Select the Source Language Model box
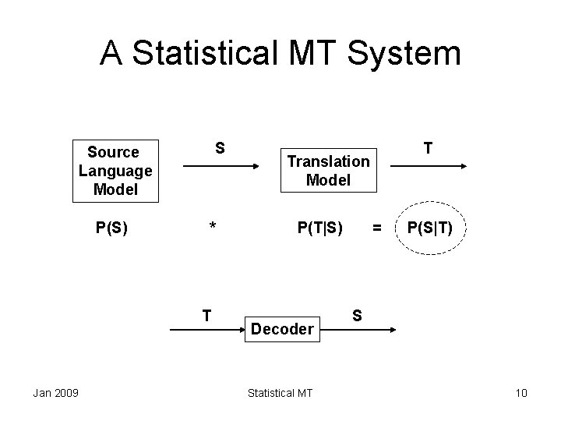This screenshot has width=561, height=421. coord(114,170)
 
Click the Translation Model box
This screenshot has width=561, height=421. coord(328,170)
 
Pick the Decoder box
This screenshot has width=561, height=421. coord(282,329)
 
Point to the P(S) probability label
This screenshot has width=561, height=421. coord(112,228)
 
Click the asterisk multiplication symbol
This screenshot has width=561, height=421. coord(212,228)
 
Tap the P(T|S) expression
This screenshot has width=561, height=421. coord(320,228)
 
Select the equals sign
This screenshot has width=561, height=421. coord(377,228)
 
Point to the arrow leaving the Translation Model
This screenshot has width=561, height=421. coord(428,166)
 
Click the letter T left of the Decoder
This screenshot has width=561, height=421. coord(206,315)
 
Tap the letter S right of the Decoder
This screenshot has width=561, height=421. coord(357,315)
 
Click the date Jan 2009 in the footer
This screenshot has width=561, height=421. coord(55,392)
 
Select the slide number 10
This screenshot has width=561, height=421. coord(521,392)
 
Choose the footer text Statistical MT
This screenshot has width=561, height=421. coord(280,392)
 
